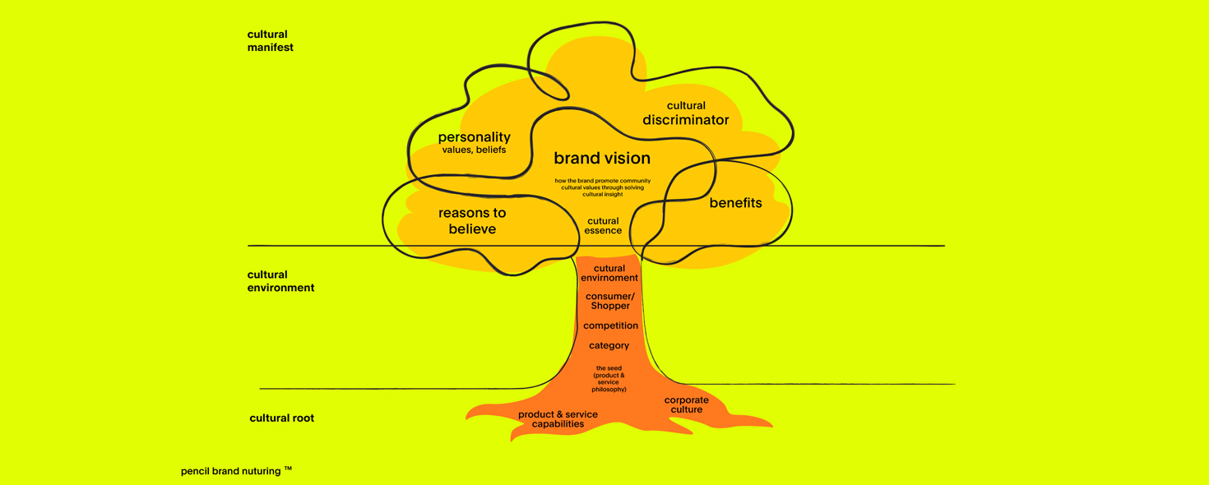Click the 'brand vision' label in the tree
601,159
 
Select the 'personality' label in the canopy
474,137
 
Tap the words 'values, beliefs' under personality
474,150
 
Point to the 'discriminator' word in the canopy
685,120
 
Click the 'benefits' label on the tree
735,203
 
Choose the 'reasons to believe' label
472,220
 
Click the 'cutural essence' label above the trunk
603,226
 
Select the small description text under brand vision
602,187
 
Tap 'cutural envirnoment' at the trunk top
609,273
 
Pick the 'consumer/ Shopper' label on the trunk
609,301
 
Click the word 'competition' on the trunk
610,326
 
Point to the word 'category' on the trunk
609,345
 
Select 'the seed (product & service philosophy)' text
609,379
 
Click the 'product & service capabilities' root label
558,419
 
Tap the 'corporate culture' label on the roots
686,404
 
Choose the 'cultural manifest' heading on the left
270,41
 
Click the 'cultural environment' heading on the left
280,281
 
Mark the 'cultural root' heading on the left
281,418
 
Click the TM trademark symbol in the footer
288,469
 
